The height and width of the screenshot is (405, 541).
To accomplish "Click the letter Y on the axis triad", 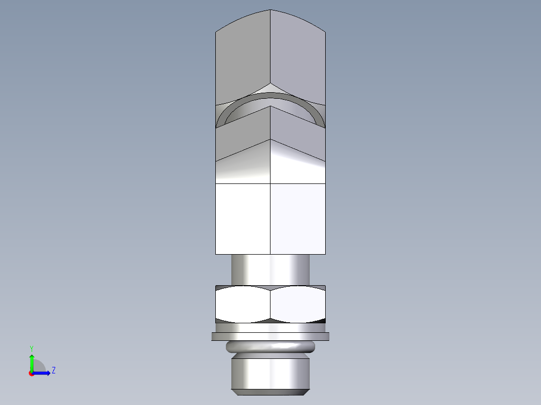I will click(32, 348).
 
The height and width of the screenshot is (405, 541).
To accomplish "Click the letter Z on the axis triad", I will click(53, 370).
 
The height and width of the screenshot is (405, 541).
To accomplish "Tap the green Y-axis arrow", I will click(32, 361).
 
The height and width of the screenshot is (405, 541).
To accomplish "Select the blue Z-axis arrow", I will click(43, 372).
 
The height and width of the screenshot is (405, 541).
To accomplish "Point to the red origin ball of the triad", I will click(31, 373).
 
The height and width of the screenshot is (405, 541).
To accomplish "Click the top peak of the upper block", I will click(270, 11).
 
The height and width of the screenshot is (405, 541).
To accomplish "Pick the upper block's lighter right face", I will click(298, 55).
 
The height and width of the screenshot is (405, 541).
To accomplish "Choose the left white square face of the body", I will click(243, 219).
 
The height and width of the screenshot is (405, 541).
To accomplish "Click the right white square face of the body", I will click(298, 219).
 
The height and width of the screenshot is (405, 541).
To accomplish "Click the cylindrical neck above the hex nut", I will click(270, 270).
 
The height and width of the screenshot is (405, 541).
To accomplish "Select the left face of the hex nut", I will click(243, 304).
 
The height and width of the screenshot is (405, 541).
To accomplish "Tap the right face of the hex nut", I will click(298, 304).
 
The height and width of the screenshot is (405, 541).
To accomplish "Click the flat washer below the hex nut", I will click(270, 336).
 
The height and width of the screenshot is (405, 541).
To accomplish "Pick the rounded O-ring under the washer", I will click(270, 346).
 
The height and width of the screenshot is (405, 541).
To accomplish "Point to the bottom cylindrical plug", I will click(270, 371).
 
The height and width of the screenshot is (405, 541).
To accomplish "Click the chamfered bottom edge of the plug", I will click(270, 390).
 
